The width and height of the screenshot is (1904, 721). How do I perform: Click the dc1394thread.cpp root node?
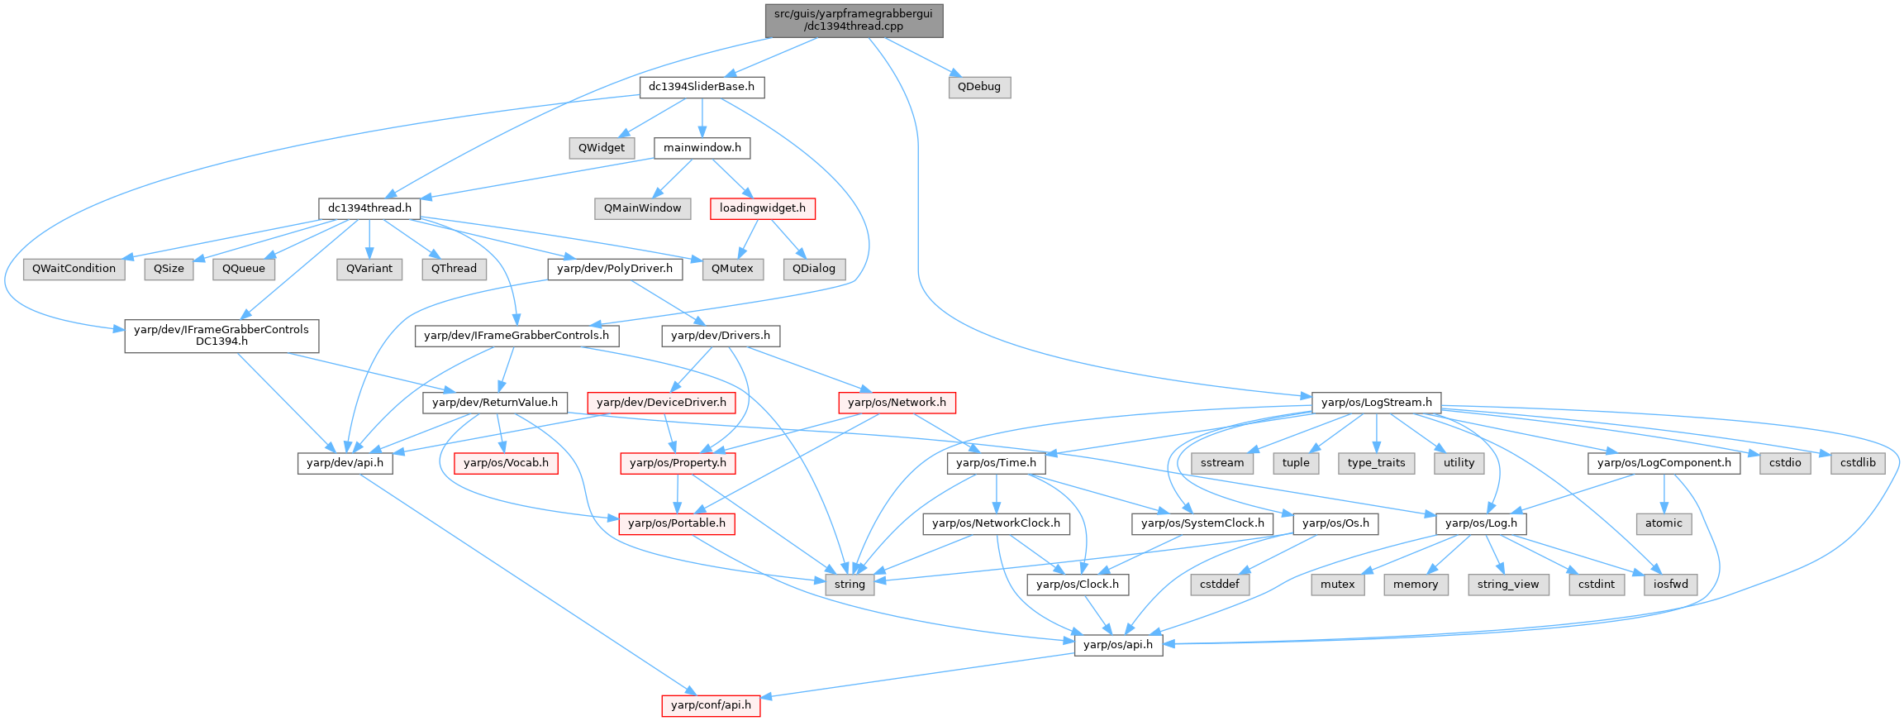click(854, 21)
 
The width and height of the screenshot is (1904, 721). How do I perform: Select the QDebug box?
click(979, 87)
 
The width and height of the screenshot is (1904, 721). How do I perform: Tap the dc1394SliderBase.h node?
click(702, 87)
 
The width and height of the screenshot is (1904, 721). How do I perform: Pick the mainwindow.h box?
click(702, 148)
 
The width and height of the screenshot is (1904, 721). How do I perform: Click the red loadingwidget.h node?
click(762, 208)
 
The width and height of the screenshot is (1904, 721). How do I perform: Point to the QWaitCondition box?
click(74, 269)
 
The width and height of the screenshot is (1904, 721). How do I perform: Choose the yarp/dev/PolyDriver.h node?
click(615, 269)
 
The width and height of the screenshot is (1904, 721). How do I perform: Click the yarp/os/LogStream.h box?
click(1377, 403)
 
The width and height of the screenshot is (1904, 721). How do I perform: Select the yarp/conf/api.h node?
click(711, 705)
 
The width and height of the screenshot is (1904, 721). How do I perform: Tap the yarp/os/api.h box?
click(1118, 645)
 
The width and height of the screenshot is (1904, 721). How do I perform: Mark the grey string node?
click(850, 585)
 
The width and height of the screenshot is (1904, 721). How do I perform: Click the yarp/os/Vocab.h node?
click(506, 463)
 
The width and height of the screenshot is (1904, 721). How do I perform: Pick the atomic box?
click(1664, 523)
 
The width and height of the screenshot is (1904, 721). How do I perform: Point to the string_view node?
click(1508, 585)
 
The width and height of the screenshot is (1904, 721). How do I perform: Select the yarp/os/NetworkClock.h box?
click(996, 523)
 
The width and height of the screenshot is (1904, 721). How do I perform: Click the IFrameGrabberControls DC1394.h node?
click(221, 336)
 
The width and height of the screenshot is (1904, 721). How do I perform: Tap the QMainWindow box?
click(642, 208)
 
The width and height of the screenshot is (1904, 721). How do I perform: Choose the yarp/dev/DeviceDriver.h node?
click(661, 403)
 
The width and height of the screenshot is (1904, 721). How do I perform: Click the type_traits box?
click(1376, 463)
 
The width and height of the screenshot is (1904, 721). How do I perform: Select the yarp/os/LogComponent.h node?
click(1664, 463)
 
